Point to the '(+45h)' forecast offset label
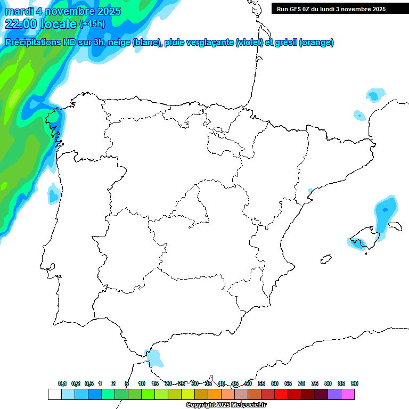(92, 24)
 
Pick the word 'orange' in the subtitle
(316, 43)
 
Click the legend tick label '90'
(355, 383)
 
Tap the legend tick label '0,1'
(62, 383)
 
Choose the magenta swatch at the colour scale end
(348, 395)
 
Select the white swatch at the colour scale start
(54, 395)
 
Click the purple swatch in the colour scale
(334, 395)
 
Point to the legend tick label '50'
(248, 383)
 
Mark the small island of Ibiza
(323, 259)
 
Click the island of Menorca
(395, 226)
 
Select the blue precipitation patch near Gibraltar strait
(154, 358)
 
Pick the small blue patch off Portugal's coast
(53, 194)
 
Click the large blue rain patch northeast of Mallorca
(385, 213)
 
